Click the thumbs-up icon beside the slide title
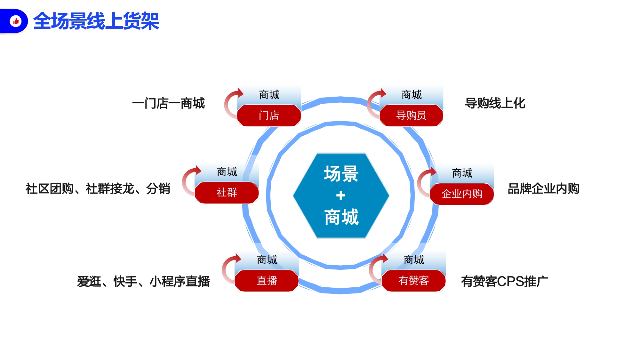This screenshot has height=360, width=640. (16, 21)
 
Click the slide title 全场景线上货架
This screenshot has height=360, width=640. (96, 21)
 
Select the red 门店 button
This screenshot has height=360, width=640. (269, 116)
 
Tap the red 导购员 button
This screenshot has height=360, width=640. (411, 116)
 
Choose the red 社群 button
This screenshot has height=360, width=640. (227, 193)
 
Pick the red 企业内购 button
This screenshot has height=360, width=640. (462, 194)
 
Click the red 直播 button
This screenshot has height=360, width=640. (267, 281)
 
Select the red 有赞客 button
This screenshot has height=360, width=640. (413, 281)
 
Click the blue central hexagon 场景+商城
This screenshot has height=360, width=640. (341, 196)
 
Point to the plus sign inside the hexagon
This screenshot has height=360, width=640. (341, 195)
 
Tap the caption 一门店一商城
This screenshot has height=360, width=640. (168, 103)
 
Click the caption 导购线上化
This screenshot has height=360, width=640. (495, 103)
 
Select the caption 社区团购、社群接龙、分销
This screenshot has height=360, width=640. (98, 188)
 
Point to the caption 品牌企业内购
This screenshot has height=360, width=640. (544, 188)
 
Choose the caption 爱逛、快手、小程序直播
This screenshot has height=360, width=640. (143, 281)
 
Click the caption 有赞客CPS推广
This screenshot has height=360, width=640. (505, 281)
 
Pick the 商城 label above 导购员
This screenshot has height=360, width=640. (412, 95)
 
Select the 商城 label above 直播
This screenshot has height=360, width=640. (267, 260)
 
